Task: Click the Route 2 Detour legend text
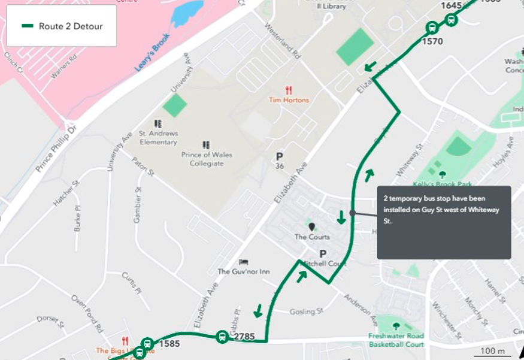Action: (71, 26)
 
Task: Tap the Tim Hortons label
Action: (289, 100)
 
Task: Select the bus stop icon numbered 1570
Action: (432, 28)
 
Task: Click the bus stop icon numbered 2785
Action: (222, 337)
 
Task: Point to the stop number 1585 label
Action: (169, 344)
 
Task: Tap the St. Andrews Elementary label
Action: (158, 138)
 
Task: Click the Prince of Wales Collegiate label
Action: (207, 159)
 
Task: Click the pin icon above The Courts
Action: (311, 226)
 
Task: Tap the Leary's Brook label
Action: (152, 53)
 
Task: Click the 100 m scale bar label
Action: (492, 350)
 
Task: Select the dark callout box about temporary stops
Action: (444, 222)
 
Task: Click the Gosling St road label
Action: (306, 311)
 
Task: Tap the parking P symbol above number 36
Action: (279, 156)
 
